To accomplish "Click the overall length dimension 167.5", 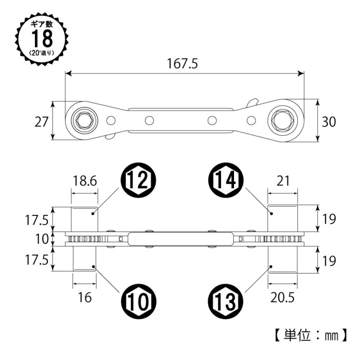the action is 182,64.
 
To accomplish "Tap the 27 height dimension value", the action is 42,122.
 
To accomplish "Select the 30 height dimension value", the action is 329,122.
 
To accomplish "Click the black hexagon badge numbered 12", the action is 138,179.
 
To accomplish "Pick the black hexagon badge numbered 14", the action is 225,179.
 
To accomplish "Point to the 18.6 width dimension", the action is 85,181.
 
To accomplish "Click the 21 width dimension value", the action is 283,181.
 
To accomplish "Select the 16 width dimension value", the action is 85,298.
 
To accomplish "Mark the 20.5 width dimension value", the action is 282,298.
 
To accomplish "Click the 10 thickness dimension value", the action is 42,239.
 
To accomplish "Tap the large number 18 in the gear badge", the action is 42,39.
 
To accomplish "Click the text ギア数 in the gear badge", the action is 42,24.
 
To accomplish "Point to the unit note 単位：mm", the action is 311,335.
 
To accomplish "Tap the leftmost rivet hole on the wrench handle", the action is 111,120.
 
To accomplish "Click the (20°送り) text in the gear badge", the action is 42,53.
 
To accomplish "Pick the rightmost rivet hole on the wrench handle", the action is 251,120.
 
